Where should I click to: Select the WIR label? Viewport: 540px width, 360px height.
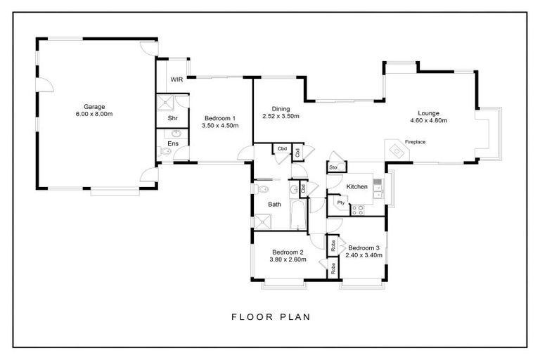176,80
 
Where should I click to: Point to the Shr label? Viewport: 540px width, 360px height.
172,118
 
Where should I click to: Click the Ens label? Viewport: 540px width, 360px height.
172,143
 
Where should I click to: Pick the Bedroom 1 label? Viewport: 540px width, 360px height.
219,118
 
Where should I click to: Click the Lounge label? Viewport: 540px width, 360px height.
428,112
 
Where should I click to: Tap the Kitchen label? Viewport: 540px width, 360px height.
358,186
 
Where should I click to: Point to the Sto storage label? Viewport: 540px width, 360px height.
333,167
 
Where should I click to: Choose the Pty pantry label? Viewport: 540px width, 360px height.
341,202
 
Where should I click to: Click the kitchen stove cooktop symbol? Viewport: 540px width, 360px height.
357,209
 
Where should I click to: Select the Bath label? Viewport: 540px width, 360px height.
274,205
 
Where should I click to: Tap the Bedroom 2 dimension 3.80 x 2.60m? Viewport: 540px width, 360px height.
288,259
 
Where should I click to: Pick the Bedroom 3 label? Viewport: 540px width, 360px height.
364,247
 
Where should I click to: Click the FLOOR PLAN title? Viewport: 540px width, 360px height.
271,317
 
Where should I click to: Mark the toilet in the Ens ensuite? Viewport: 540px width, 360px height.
165,151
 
